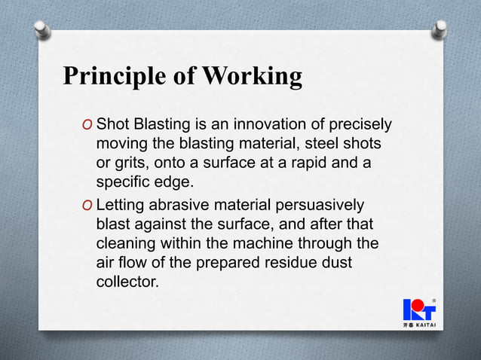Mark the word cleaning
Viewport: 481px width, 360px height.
click(x=124, y=245)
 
